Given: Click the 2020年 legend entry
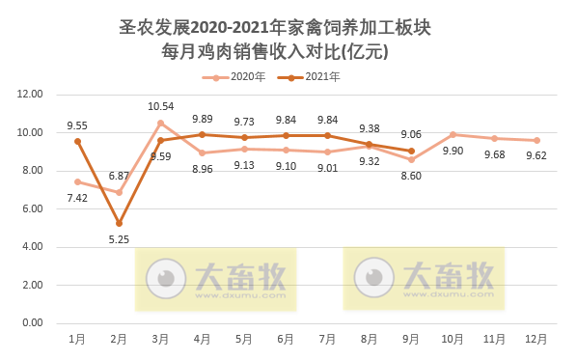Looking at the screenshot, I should click(x=241, y=76).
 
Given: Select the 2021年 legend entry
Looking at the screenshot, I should click(x=314, y=76).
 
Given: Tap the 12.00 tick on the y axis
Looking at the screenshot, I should click(x=32, y=95).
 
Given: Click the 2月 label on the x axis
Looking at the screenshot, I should click(x=119, y=339).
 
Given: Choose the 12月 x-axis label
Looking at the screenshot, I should click(x=536, y=339).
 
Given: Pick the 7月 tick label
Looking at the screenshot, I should click(x=327, y=339).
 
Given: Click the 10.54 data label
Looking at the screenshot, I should click(x=161, y=106).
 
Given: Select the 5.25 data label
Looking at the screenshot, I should click(x=119, y=239).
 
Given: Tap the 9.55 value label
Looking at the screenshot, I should click(x=77, y=125).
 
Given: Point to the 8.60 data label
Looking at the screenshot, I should click(x=411, y=177).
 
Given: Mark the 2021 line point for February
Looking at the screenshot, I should click(x=119, y=223).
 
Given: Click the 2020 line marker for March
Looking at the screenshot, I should click(x=161, y=123).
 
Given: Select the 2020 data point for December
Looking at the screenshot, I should click(x=536, y=140).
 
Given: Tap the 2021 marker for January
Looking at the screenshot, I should click(x=77, y=141).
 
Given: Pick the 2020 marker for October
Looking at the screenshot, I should click(x=453, y=134).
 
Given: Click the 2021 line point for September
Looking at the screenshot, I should click(x=411, y=151).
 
